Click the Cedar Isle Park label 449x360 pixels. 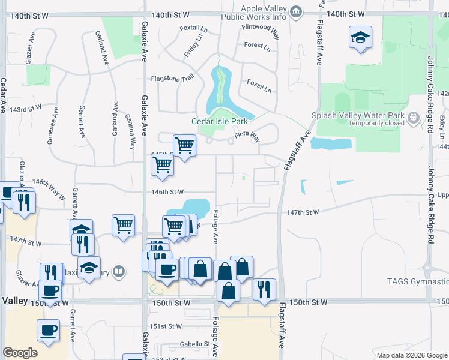coord(219,121)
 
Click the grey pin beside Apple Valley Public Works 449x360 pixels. coord(295,12)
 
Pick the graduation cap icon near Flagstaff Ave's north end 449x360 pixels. coord(360,38)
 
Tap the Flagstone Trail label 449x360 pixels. coord(173,78)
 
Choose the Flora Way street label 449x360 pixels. coord(247,138)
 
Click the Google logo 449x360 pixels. coord(20,353)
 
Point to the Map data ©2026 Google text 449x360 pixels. coord(411,355)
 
